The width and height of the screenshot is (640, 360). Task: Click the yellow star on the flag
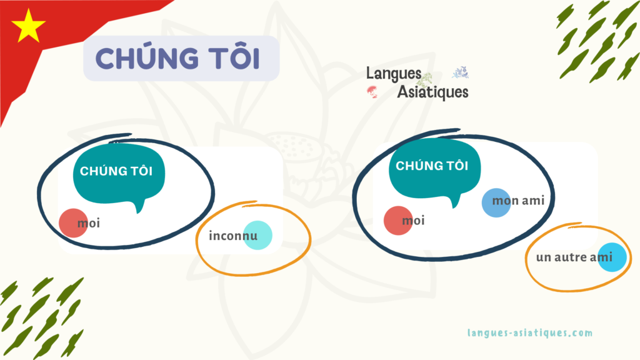(28, 26)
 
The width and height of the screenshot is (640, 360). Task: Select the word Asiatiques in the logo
(432, 92)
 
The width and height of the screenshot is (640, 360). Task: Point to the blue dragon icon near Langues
(460, 72)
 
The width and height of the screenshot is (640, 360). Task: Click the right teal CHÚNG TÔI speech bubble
(431, 167)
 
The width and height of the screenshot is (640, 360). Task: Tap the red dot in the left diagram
(72, 222)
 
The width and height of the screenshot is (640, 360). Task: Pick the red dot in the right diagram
(397, 221)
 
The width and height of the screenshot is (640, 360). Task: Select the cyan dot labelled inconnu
(257, 236)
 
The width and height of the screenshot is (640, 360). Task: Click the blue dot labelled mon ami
(496, 202)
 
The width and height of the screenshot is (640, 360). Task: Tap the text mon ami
(519, 201)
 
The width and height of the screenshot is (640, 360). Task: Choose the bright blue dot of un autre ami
(611, 257)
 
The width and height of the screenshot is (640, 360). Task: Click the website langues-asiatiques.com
(529, 333)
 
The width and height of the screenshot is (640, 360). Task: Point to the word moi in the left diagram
(89, 222)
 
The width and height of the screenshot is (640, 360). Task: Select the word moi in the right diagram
(413, 221)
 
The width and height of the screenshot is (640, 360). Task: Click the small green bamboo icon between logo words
(427, 80)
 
